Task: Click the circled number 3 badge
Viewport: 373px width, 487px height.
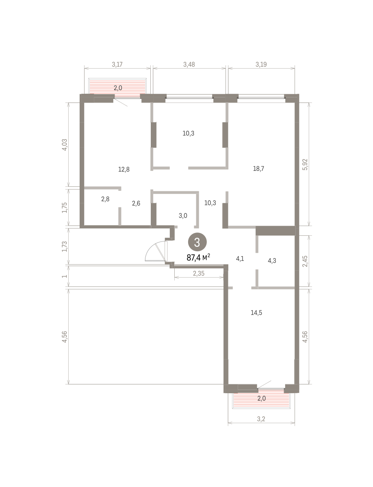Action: pyautogui.click(x=197, y=242)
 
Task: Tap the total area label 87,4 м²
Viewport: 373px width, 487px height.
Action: pyautogui.click(x=198, y=258)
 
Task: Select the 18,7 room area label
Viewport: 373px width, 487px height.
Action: pyautogui.click(x=258, y=169)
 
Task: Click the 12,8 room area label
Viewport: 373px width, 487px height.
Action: pyautogui.click(x=124, y=170)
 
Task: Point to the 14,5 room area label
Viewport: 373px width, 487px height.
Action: pyautogui.click(x=256, y=313)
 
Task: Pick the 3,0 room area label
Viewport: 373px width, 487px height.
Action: pyautogui.click(x=183, y=215)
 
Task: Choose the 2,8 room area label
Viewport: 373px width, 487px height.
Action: pyautogui.click(x=105, y=199)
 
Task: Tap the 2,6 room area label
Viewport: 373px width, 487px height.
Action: pyautogui.click(x=136, y=203)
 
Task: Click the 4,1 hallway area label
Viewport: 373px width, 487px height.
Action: pyautogui.click(x=240, y=259)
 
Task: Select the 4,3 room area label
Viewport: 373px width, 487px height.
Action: pyautogui.click(x=272, y=261)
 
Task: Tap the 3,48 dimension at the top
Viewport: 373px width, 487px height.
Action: pyautogui.click(x=189, y=65)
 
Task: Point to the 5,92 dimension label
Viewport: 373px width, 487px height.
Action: pyautogui.click(x=305, y=164)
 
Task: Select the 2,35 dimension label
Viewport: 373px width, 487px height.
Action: pyautogui.click(x=199, y=274)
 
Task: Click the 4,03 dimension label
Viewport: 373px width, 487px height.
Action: pyautogui.click(x=65, y=144)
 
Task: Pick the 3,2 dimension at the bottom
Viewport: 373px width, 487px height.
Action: pyautogui.click(x=261, y=419)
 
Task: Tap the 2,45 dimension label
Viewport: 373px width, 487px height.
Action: pyautogui.click(x=305, y=261)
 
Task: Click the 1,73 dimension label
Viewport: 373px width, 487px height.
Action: pyautogui.click(x=65, y=246)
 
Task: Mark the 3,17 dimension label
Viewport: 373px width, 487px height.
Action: pyautogui.click(x=117, y=65)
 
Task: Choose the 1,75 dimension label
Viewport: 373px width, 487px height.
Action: pyautogui.click(x=65, y=208)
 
